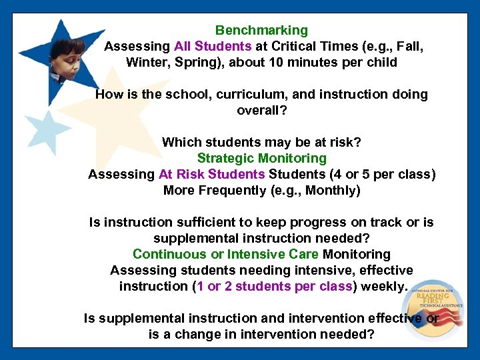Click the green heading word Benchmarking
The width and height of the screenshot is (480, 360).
(x=261, y=30)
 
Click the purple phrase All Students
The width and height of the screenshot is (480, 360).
(x=213, y=47)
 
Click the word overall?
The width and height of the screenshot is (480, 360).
(x=262, y=110)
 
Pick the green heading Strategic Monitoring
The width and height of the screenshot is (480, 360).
(x=261, y=158)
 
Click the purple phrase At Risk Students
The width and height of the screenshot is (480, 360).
(x=211, y=175)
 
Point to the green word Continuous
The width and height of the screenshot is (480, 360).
(x=169, y=254)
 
